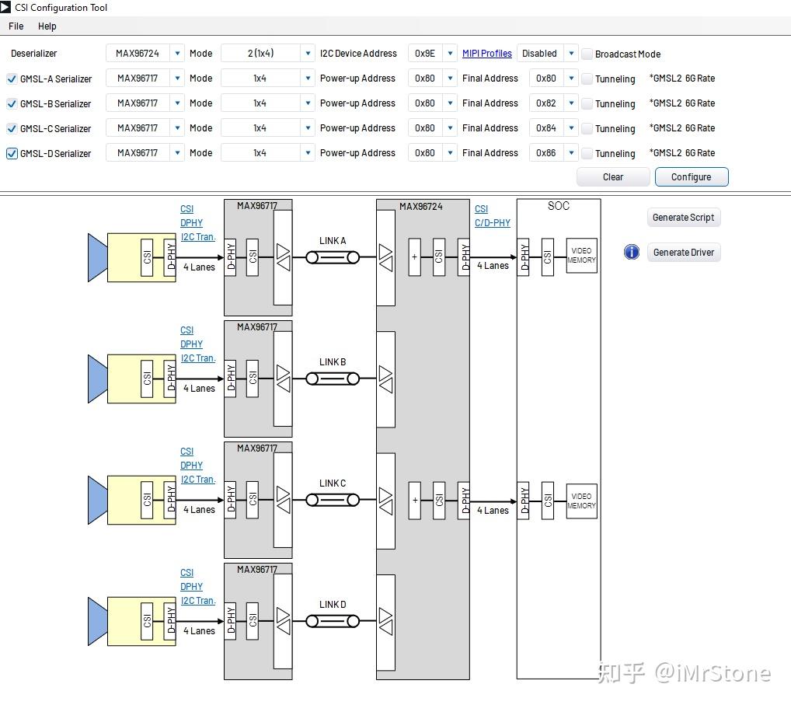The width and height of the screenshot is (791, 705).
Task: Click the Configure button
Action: click(691, 177)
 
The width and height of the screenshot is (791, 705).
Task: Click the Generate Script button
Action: click(683, 218)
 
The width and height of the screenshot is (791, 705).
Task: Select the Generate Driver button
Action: click(683, 253)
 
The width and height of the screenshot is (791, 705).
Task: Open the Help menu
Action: click(47, 26)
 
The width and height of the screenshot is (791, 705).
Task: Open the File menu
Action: click(16, 26)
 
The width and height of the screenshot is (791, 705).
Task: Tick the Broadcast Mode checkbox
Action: click(587, 54)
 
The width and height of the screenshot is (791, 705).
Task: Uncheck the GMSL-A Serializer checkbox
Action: click(12, 79)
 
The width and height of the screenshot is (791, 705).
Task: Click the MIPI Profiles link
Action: click(487, 54)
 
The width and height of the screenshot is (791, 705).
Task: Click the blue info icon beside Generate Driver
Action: click(632, 253)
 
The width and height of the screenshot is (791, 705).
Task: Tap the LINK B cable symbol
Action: click(333, 379)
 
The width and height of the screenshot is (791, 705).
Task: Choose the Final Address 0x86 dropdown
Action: click(553, 153)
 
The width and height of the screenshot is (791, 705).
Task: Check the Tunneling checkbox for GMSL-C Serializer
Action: click(587, 129)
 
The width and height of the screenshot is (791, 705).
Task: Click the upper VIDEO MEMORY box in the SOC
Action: click(581, 256)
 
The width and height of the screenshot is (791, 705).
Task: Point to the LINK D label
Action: click(333, 605)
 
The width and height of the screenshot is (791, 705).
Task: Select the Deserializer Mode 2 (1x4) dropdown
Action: click(268, 54)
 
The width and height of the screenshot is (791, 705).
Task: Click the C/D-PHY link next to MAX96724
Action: click(493, 223)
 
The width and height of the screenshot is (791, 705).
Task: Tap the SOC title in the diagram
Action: click(558, 206)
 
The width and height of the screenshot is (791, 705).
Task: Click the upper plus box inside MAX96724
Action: click(415, 257)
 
